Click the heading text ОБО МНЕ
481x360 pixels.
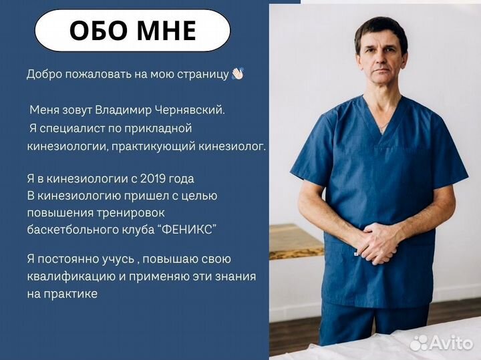(x=132, y=31)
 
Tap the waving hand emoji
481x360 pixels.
(x=236, y=73)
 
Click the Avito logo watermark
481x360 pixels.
(x=442, y=342)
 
